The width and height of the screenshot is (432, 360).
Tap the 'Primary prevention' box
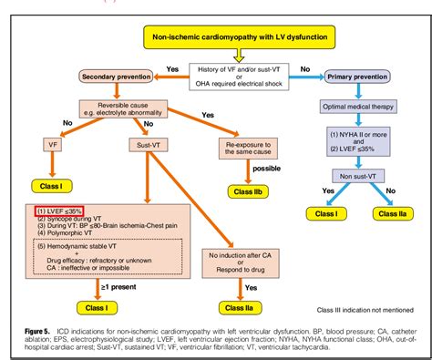tap(365, 77)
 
